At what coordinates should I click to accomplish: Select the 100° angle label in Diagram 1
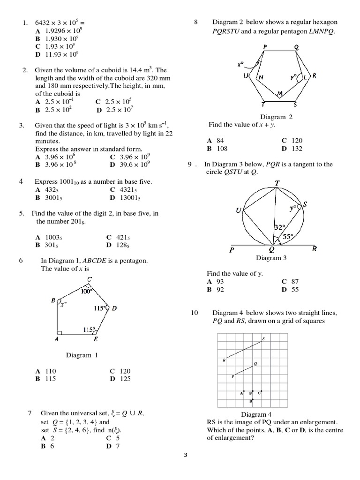click(87, 291)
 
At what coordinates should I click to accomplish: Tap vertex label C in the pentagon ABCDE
click(89, 280)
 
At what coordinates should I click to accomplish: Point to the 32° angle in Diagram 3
click(280, 227)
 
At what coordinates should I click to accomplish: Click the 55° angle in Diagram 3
click(288, 237)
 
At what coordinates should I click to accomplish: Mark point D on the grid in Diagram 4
click(251, 402)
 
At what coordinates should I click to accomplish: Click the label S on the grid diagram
click(263, 338)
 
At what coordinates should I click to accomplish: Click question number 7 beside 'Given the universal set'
click(30, 413)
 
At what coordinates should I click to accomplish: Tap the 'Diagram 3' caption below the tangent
click(269, 258)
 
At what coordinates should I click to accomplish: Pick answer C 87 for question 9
click(290, 281)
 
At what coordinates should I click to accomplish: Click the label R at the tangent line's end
click(314, 249)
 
